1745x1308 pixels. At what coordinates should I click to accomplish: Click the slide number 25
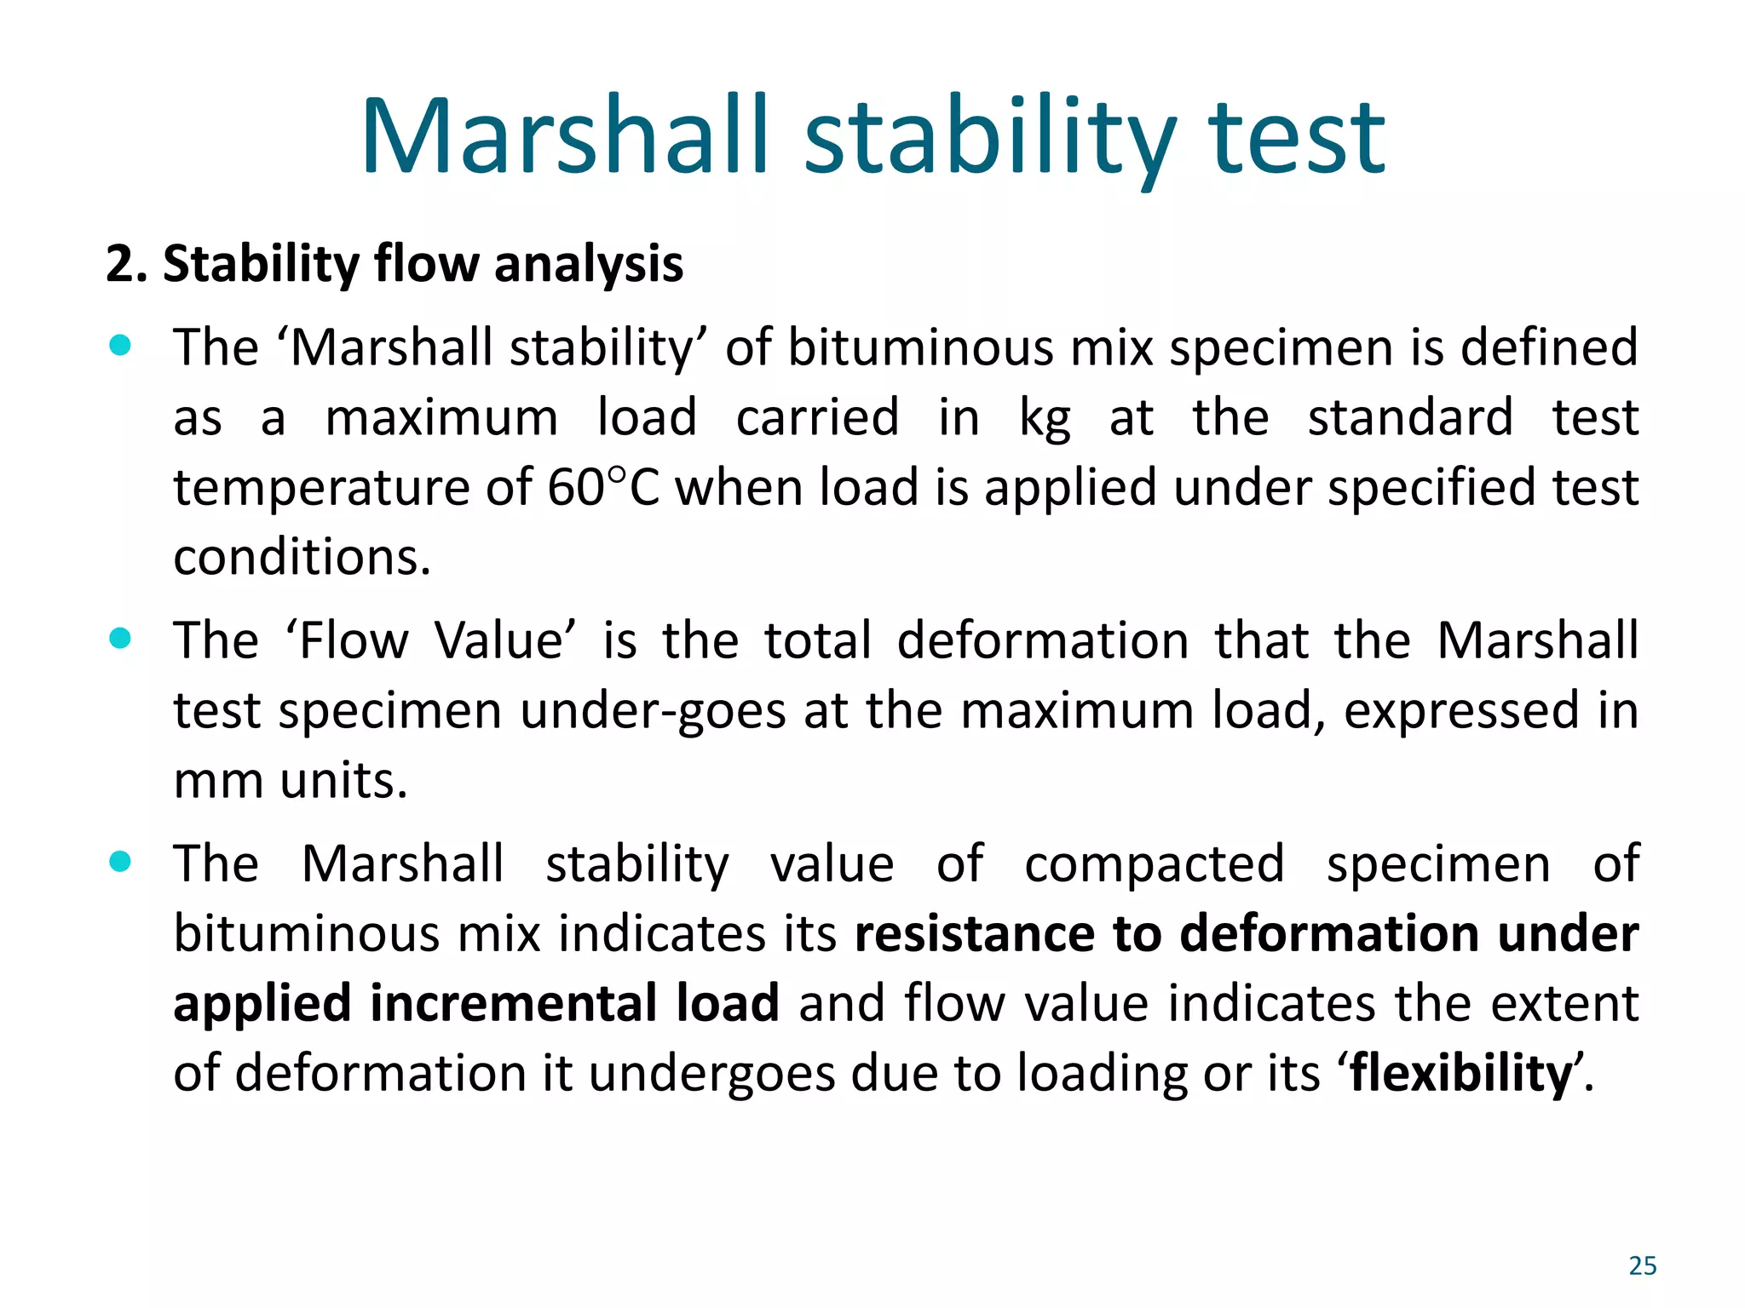[1642, 1265]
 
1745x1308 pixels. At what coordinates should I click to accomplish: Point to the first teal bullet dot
[120, 346]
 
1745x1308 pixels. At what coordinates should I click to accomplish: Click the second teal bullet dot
[120, 639]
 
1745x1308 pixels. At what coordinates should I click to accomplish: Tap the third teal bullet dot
[120, 862]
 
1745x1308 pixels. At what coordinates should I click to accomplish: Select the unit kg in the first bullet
[1045, 419]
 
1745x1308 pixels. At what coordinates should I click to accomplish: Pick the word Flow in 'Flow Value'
[354, 640]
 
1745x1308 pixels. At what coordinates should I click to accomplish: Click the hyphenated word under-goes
[653, 710]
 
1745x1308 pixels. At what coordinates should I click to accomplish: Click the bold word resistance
[974, 933]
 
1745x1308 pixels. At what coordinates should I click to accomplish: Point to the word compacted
[1154, 863]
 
